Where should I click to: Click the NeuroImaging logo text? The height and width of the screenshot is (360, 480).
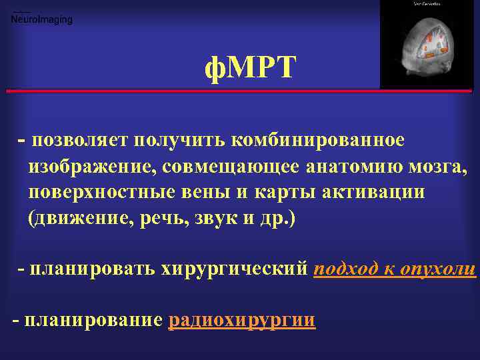[42, 20]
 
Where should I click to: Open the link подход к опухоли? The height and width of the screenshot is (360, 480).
[394, 269]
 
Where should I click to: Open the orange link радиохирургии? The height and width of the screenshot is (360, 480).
[242, 320]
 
